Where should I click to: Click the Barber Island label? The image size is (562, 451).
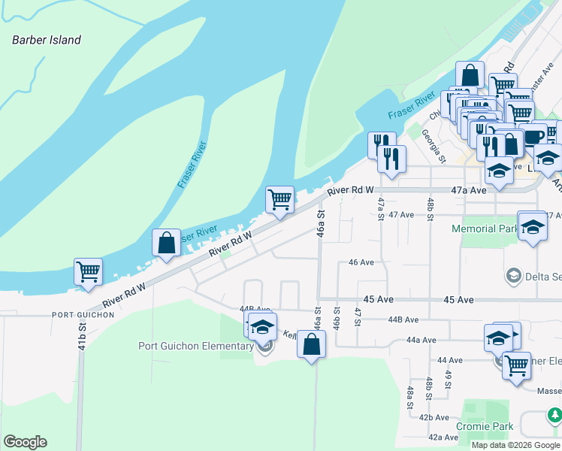point(47,40)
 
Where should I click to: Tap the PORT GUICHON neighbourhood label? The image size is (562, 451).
point(83,315)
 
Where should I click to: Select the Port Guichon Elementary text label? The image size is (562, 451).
point(196,346)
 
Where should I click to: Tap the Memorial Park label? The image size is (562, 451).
point(485,229)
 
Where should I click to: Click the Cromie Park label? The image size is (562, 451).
point(485,426)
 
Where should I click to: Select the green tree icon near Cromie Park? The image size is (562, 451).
point(554,414)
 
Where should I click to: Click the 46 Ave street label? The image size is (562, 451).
point(361,262)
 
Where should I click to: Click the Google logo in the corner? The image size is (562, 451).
point(25,442)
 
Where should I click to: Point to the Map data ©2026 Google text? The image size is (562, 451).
point(515,445)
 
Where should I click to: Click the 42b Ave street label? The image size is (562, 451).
point(434,417)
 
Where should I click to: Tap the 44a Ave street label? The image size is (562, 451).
point(421,340)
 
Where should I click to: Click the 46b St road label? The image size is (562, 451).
point(336,320)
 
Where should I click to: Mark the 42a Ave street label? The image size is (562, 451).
point(443,437)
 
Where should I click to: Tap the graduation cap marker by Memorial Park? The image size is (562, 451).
point(533,226)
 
